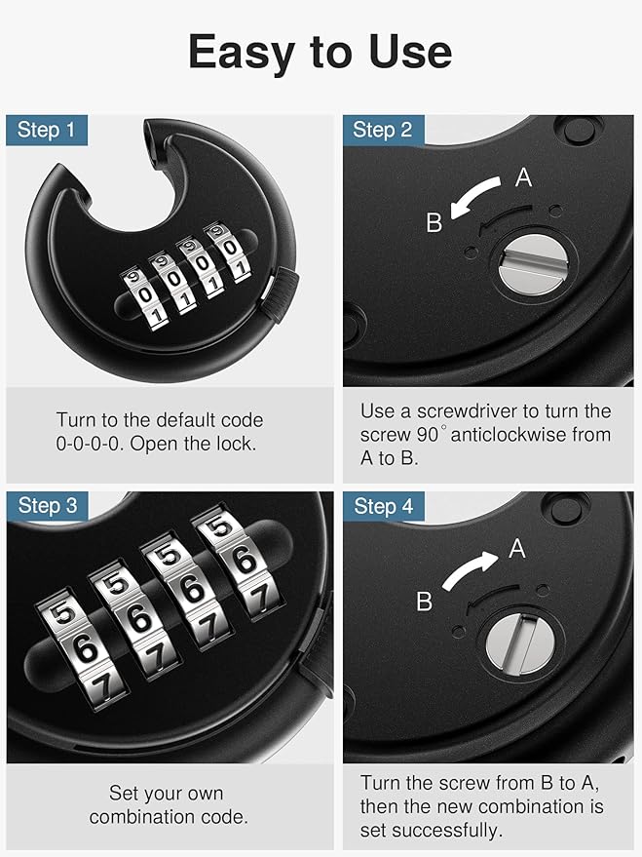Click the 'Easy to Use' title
[x=320, y=52]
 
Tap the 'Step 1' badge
[x=46, y=130]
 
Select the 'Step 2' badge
[x=382, y=130]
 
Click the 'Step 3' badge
[x=47, y=505]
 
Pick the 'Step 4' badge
[x=383, y=505]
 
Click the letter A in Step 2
[x=523, y=177]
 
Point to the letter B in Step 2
[x=434, y=223]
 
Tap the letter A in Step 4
[x=517, y=549]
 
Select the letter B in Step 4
[x=424, y=602]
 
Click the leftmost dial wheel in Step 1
[x=143, y=295]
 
